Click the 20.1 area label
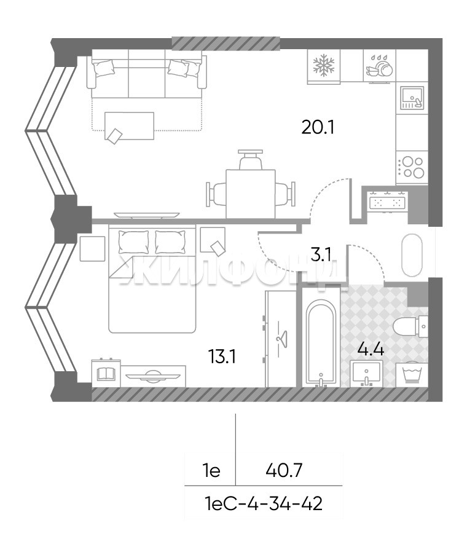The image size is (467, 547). pyautogui.click(x=318, y=128)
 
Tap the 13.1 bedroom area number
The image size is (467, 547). pyautogui.click(x=222, y=356)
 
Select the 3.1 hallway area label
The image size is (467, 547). pyautogui.click(x=321, y=255)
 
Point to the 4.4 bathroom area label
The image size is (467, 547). pyautogui.click(x=371, y=349)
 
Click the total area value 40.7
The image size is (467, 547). pyautogui.click(x=283, y=471)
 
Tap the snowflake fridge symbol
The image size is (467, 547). pyautogui.click(x=324, y=65)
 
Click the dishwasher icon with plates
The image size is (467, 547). pyautogui.click(x=380, y=66)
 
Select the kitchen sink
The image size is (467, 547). pyautogui.click(x=412, y=98)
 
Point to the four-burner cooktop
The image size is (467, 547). pyautogui.click(x=412, y=167)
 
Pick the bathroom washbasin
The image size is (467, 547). pyautogui.click(x=366, y=373)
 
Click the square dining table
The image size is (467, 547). pyautogui.click(x=251, y=194)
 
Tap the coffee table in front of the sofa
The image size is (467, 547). pyautogui.click(x=130, y=126)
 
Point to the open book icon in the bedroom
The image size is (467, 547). pyautogui.click(x=106, y=375)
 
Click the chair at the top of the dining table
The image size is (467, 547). pyautogui.click(x=251, y=160)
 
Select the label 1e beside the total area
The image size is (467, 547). pyautogui.click(x=212, y=471)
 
